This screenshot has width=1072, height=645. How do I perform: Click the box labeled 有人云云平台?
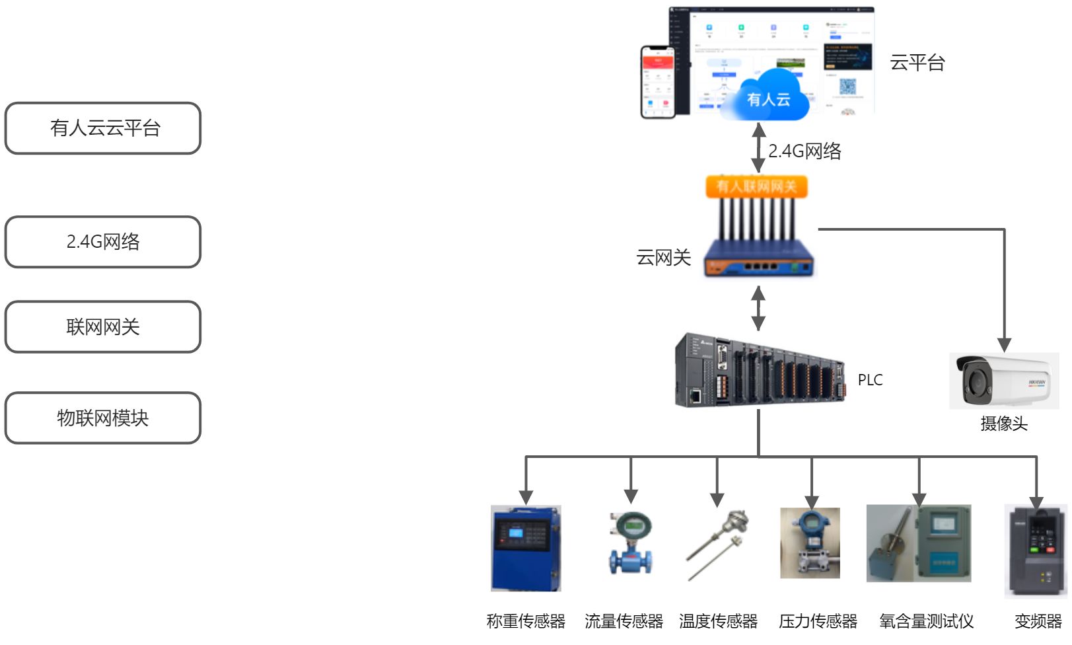pyautogui.click(x=103, y=128)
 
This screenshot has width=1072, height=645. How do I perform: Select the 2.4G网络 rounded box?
pyautogui.click(x=103, y=242)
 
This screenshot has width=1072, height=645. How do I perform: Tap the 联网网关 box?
pyautogui.click(x=103, y=327)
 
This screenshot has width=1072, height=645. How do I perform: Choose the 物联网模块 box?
pyautogui.click(x=103, y=418)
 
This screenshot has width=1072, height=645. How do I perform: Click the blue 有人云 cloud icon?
pyautogui.click(x=768, y=98)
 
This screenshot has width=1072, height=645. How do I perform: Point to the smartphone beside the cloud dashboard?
pyautogui.click(x=658, y=82)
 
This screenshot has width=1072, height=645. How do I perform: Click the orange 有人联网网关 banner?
pyautogui.click(x=757, y=186)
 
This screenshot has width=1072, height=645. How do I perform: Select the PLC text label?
pyautogui.click(x=870, y=380)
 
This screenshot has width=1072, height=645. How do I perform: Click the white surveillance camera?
pyautogui.click(x=1003, y=381)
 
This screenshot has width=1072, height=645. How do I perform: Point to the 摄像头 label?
pyautogui.click(x=1004, y=424)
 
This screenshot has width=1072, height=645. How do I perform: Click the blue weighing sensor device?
pyautogui.click(x=526, y=549)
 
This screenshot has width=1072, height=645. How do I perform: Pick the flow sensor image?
pyautogui.click(x=631, y=543)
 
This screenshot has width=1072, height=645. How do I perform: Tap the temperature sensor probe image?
pyautogui.click(x=717, y=545)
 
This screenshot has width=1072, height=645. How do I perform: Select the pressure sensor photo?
pyautogui.click(x=810, y=543)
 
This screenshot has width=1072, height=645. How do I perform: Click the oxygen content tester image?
pyautogui.click(x=919, y=543)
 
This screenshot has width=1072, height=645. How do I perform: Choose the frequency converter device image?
pyautogui.click(x=1035, y=551)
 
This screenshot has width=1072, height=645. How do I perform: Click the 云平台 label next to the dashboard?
pyautogui.click(x=917, y=63)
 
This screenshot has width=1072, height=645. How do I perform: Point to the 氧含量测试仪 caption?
pyautogui.click(x=926, y=621)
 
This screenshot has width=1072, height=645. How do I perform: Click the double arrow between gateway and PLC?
pyautogui.click(x=758, y=308)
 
